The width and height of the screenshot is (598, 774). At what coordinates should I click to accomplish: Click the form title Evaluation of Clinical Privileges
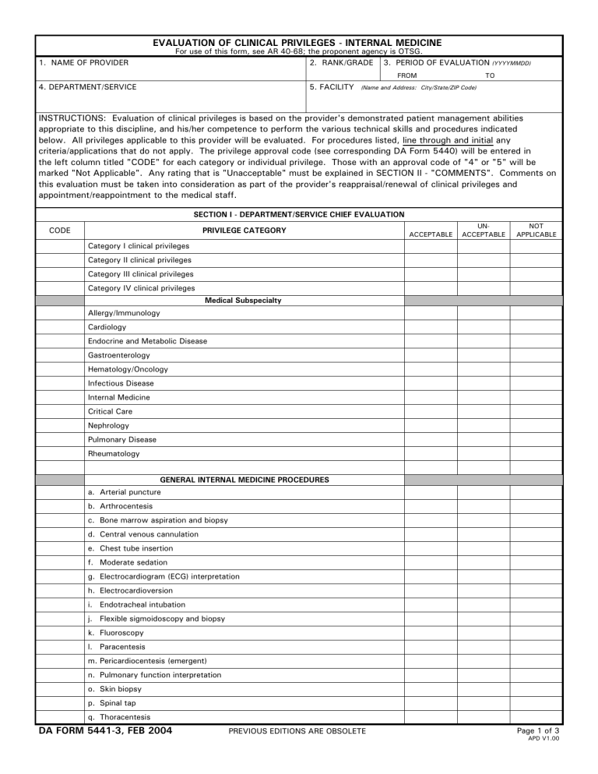[x=297, y=43]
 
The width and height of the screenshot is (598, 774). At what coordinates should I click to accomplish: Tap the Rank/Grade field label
[x=341, y=62]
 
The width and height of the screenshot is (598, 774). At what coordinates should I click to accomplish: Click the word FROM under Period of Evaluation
[x=406, y=76]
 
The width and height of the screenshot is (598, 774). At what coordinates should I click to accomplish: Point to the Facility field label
[x=332, y=87]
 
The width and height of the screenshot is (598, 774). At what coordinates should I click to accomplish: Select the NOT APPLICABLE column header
[x=536, y=230]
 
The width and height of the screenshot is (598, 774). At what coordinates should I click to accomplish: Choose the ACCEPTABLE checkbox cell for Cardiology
[x=431, y=327]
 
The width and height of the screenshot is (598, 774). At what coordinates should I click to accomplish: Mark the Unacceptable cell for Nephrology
[x=484, y=426]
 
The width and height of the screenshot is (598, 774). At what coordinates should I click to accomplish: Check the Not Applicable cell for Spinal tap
[x=536, y=703]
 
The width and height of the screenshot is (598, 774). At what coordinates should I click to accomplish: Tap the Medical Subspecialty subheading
[x=243, y=301]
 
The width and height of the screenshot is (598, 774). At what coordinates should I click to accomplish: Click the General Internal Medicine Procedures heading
[x=244, y=480]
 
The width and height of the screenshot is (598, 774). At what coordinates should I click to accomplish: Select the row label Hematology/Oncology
[x=128, y=369]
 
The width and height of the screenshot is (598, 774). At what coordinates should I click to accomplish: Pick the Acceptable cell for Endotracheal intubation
[x=431, y=604]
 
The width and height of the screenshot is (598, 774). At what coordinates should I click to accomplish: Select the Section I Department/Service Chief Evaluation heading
[x=298, y=214]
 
